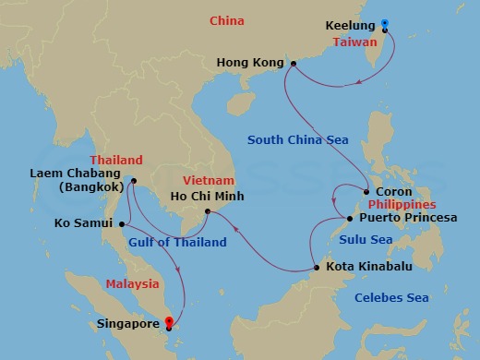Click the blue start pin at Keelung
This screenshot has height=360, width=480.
(x=385, y=25)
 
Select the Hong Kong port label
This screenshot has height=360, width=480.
(x=248, y=63)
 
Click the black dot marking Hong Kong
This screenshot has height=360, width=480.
(x=293, y=64)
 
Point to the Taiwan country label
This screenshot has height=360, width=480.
(x=359, y=42)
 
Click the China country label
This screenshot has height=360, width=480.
(x=227, y=19)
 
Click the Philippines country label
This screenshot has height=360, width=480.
(x=402, y=205)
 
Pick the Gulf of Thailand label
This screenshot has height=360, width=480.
(x=177, y=243)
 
